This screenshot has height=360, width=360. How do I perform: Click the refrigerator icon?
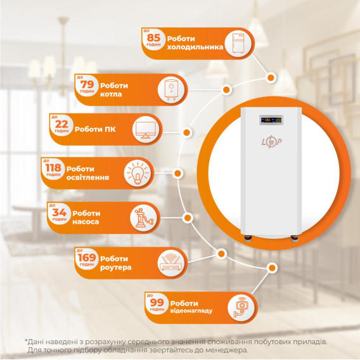coord(238,44)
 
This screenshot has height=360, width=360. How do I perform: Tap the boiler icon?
coord(171,90)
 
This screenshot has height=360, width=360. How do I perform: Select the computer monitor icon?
coord(145,130)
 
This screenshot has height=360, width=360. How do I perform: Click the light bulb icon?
coord(138,173)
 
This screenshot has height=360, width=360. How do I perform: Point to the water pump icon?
coord(143,217)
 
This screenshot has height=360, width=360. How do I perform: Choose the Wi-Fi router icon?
coord(171,263)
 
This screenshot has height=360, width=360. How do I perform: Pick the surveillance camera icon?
coord(240,307)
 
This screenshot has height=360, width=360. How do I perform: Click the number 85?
coord(153,37)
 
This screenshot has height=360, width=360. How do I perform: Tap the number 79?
coord(87,84)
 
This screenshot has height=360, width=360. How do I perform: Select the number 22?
coord(61,124)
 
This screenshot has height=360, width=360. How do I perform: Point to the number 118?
coord(53,168)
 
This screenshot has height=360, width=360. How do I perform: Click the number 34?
coord(59,212)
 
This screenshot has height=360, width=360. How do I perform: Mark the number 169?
coord(87,257)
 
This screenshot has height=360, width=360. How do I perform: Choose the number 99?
coord(157,302)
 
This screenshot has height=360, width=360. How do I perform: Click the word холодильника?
coord(195,48)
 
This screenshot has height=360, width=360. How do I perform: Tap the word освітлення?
coord(87,177)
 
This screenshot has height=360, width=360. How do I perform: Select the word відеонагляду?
coord(191,311)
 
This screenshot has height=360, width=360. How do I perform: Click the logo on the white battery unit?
coord(272,143)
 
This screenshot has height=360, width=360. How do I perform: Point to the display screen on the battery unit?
coord(271,120)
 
